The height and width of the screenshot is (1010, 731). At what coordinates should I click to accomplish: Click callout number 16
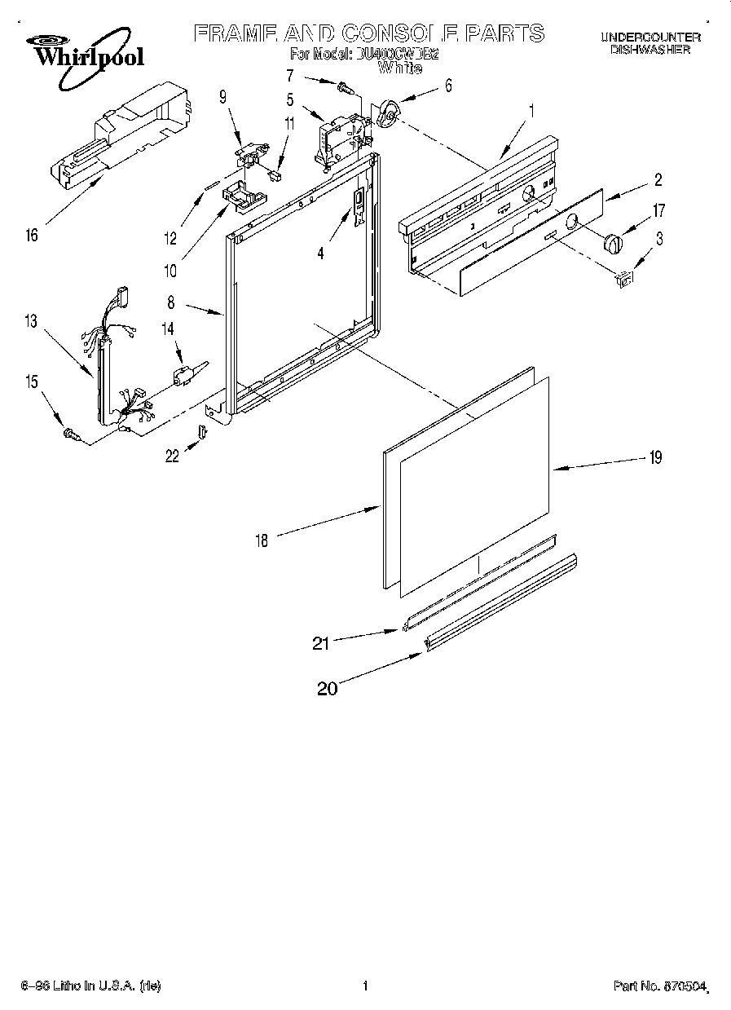pos(32,236)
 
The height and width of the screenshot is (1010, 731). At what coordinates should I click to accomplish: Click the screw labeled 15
pos(70,436)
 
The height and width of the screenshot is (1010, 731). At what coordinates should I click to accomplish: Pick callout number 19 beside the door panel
pos(654,457)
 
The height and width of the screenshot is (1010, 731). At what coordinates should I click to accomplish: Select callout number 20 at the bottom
pos(327,689)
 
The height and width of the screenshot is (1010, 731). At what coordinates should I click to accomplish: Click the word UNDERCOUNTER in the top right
pos(650,37)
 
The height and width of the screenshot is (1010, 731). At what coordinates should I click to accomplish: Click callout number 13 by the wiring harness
pos(31,321)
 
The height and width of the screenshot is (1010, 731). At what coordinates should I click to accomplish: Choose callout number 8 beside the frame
pos(172,302)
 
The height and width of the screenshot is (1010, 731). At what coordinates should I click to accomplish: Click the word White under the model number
pos(400,69)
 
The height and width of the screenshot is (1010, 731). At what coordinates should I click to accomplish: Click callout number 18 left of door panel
pos(261,540)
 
